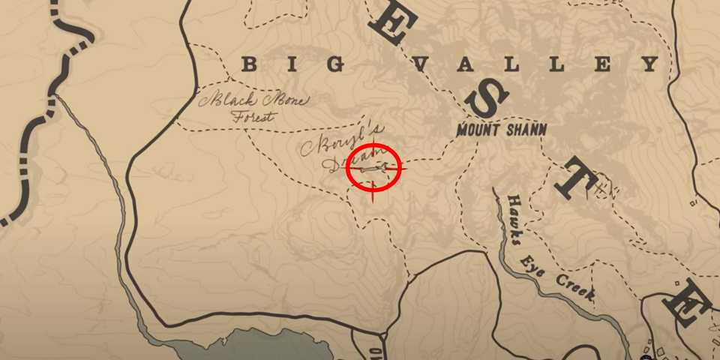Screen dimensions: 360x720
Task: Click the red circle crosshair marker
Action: coord(375,169)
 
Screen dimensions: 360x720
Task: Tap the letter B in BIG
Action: coord(249,65)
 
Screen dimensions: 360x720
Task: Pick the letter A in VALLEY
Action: coord(468,65)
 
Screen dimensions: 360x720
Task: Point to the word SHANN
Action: coord(526,130)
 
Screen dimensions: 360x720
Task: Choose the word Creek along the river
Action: coord(577,290)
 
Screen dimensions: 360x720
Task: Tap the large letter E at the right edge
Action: coord(691,304)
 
